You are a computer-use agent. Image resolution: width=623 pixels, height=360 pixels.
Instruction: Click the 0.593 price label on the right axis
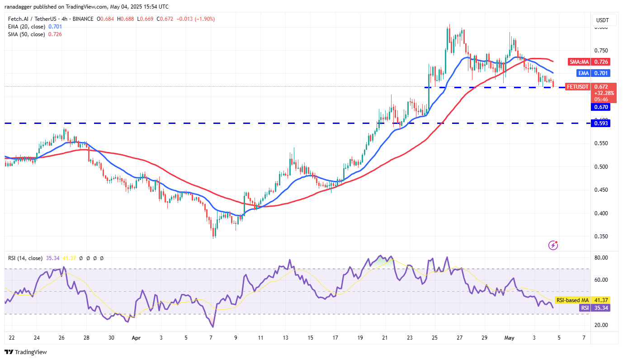[x=601, y=123]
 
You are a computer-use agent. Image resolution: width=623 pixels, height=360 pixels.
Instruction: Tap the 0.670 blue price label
[x=601, y=107]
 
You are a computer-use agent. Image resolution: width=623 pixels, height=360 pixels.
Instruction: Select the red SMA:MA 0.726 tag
[x=589, y=62]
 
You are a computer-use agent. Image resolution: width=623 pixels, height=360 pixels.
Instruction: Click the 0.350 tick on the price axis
[x=601, y=237]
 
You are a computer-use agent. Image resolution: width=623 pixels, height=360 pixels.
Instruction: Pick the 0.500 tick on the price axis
[x=601, y=167]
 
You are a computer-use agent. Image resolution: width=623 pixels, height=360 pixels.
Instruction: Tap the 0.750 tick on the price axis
[x=601, y=51]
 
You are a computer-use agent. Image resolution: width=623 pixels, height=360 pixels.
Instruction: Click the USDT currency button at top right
[x=603, y=20]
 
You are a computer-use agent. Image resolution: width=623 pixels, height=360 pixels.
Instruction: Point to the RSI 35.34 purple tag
[x=590, y=308]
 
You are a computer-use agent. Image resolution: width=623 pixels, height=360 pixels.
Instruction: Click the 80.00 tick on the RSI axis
[x=601, y=258]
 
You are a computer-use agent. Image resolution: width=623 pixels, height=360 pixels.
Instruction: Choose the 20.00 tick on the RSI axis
[x=601, y=325]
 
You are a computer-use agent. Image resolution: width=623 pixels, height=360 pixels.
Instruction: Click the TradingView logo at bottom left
[x=26, y=352]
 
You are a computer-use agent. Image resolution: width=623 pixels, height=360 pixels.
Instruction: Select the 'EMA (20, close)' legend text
[x=26, y=27]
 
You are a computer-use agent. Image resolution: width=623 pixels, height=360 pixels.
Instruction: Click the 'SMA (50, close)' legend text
[x=26, y=34]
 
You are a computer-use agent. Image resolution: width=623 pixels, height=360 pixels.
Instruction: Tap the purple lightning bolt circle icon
[x=553, y=245]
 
